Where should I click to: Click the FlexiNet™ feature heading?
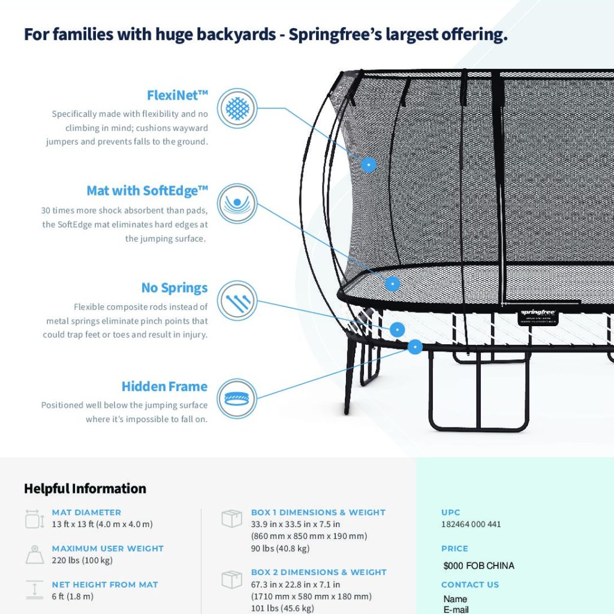(x=177, y=95)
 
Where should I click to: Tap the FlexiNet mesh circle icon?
(x=237, y=108)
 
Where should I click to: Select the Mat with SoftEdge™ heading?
(x=148, y=191)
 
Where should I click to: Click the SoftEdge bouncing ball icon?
(x=237, y=204)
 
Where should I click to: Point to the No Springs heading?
(x=174, y=288)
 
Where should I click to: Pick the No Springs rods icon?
(x=237, y=300)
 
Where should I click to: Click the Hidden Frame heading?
(x=164, y=387)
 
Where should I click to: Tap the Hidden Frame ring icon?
(x=237, y=399)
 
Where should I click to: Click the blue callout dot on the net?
(x=368, y=164)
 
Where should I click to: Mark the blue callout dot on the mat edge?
(x=392, y=284)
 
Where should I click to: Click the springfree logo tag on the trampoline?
(x=538, y=317)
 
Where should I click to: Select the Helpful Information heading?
(x=85, y=489)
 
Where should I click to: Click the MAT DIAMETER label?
(x=86, y=512)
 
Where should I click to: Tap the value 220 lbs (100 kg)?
(x=82, y=561)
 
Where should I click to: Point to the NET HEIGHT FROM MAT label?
(x=105, y=585)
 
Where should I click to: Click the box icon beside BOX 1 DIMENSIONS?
(x=232, y=519)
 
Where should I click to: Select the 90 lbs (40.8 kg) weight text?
(x=281, y=549)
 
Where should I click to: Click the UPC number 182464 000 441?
(x=471, y=524)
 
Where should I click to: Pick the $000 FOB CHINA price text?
(x=479, y=566)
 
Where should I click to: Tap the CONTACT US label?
(x=470, y=585)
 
